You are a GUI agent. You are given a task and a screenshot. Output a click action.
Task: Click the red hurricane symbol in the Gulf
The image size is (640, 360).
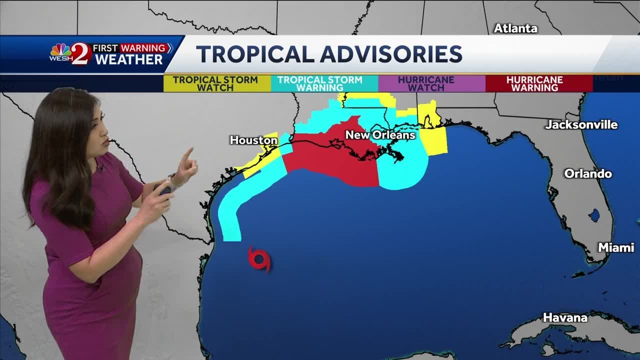(259, 259)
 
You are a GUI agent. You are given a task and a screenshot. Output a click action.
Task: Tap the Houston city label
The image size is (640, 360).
(253, 140)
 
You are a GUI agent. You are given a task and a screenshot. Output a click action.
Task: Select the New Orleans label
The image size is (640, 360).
(380, 135)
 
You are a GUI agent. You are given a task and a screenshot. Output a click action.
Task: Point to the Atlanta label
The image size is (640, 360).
(515, 28)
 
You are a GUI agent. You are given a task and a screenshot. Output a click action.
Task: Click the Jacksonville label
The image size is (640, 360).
(581, 124)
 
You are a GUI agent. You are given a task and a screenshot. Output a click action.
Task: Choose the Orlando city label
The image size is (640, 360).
(588, 174)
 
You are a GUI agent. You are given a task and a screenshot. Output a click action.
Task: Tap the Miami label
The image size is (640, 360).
(616, 247)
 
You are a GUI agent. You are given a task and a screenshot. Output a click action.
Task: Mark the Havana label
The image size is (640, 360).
(565, 317)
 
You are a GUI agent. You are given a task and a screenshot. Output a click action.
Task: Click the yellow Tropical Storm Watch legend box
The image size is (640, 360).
(215, 83)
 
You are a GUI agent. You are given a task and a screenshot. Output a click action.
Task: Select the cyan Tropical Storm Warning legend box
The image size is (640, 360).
(320, 83)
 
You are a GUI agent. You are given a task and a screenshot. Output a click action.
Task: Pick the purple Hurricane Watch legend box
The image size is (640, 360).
(425, 83)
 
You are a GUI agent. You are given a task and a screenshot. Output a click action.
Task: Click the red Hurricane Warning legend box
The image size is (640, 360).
(534, 83)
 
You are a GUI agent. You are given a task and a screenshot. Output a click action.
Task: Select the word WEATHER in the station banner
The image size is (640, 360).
(129, 59)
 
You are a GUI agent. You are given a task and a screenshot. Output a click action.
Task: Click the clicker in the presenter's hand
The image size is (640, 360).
(163, 189)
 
